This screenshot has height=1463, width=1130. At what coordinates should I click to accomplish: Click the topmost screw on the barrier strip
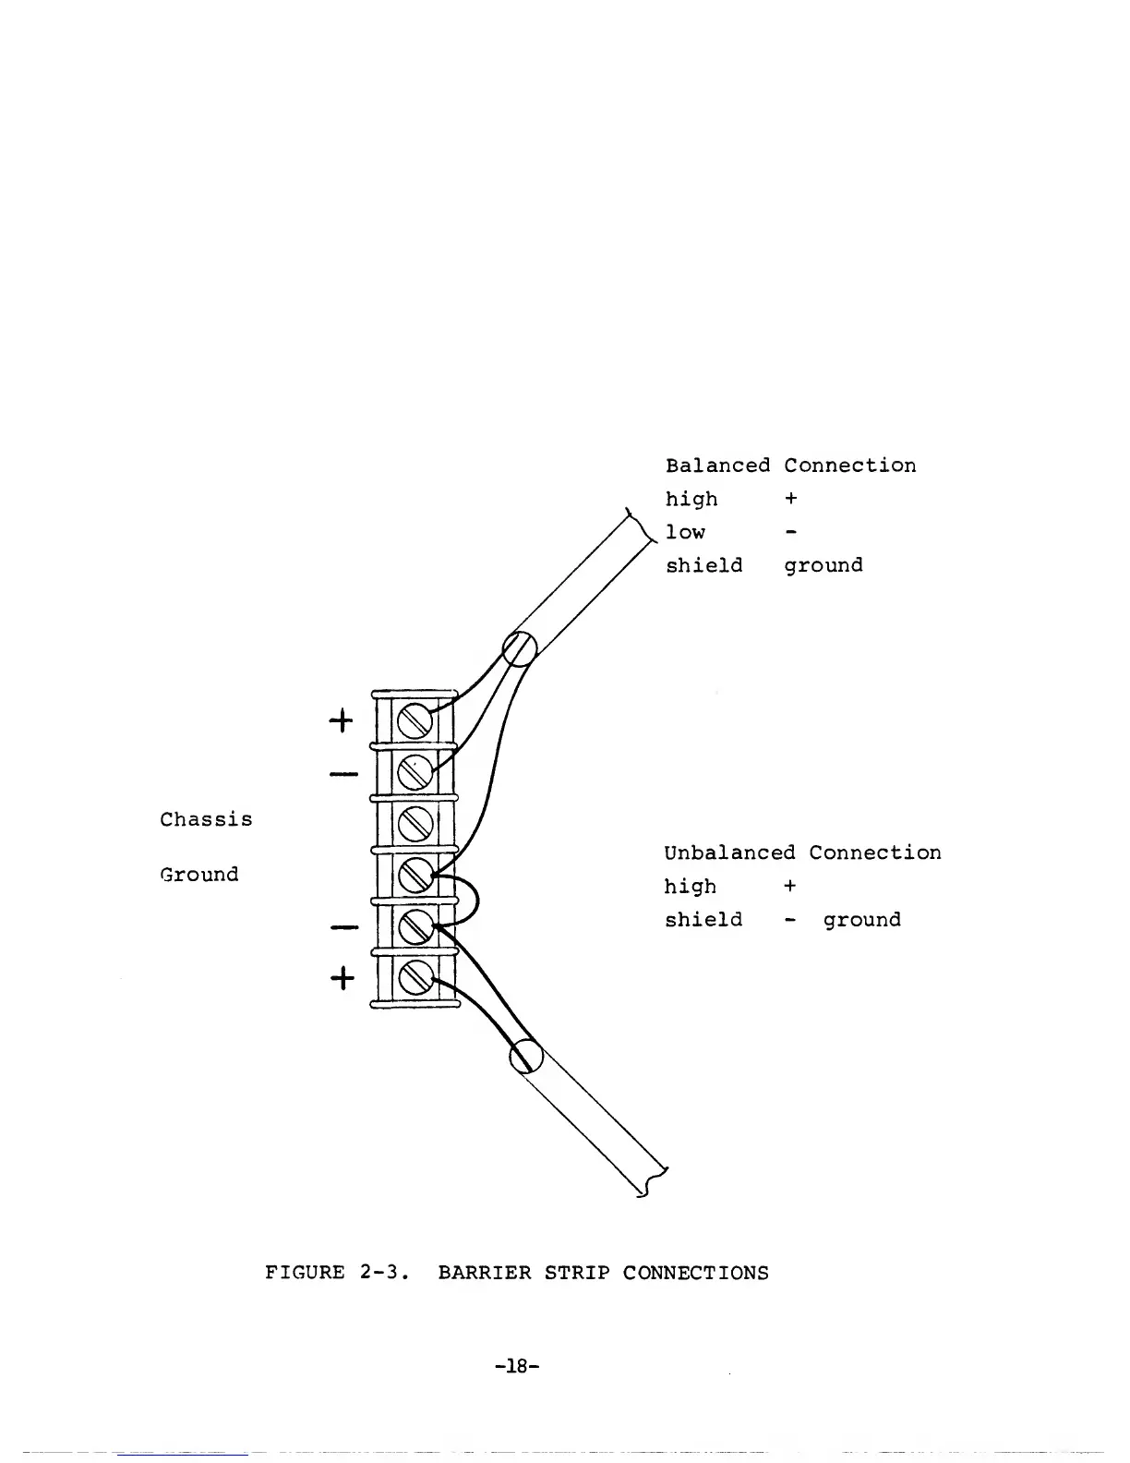tap(415, 719)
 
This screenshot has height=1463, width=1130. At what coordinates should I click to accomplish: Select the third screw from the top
tap(415, 820)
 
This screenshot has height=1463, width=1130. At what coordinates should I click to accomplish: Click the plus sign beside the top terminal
tap(341, 720)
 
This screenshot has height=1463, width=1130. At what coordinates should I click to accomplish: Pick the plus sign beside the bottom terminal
tap(341, 976)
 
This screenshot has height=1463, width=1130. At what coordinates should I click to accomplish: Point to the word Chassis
tap(206, 819)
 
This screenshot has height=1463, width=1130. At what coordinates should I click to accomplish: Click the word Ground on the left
tap(199, 874)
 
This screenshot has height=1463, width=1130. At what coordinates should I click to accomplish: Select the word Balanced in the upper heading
tap(717, 465)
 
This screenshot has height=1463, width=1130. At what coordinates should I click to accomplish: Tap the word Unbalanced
tap(728, 852)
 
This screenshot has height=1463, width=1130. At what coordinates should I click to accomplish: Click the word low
tap(685, 532)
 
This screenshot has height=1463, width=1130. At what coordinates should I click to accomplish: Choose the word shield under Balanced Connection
tap(703, 565)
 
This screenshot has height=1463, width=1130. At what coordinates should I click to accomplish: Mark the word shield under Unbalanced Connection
tap(703, 920)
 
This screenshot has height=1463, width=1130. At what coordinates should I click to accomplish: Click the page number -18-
tap(516, 1365)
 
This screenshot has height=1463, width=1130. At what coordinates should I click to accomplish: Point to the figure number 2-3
tap(379, 1273)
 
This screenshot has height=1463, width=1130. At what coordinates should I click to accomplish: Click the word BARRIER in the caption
tap(485, 1273)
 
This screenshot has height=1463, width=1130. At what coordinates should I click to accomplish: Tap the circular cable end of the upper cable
tap(520, 648)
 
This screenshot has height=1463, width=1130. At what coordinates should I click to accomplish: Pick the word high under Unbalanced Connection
tap(690, 887)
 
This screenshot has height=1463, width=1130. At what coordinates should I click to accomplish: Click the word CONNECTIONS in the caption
tap(695, 1273)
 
